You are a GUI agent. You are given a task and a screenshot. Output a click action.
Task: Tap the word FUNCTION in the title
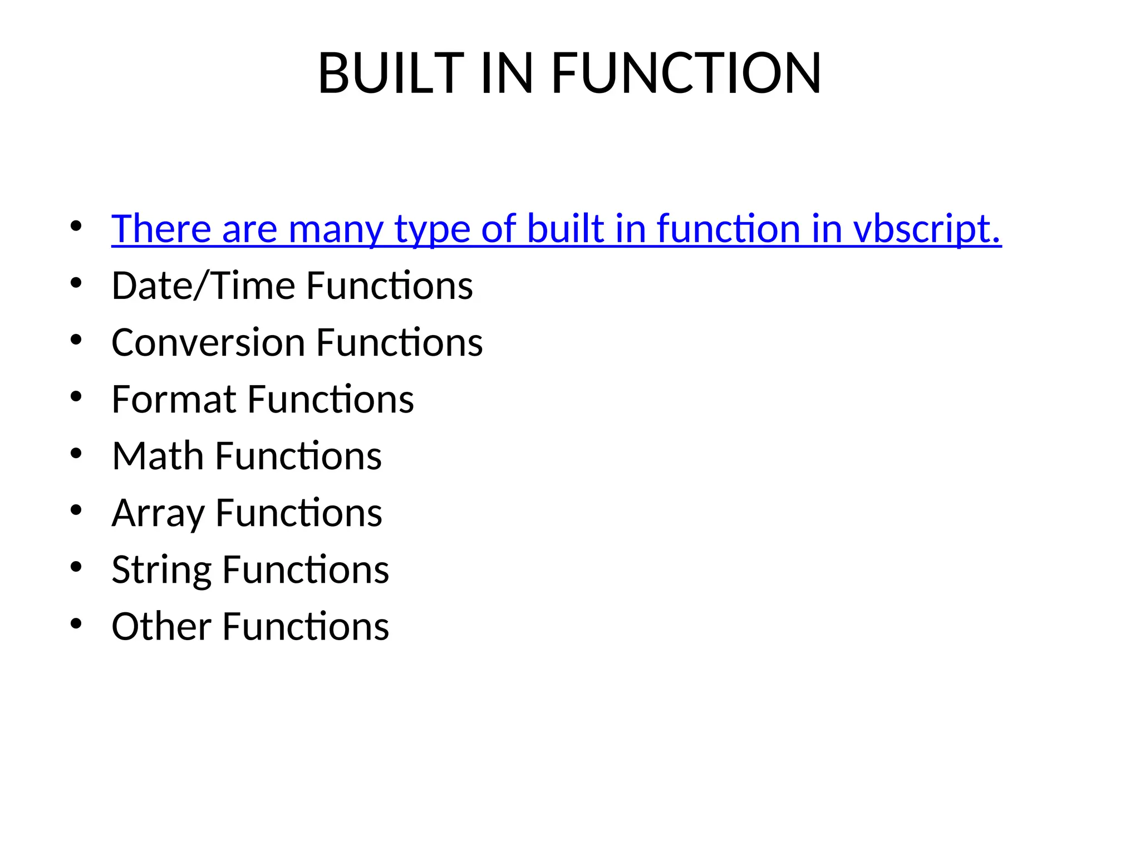pos(686,73)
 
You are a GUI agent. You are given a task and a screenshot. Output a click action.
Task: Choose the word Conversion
pos(208,342)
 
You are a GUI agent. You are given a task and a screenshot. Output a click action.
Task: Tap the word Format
pos(174,399)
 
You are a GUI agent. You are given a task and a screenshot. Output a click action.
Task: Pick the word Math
pos(158,456)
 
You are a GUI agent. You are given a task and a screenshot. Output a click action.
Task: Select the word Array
pos(158,513)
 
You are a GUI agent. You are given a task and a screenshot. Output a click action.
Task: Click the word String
pos(161,570)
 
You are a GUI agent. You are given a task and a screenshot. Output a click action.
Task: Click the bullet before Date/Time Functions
pos(76,283)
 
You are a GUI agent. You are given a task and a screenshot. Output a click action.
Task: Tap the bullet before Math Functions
pos(76,453)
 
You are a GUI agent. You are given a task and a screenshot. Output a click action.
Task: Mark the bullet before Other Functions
pos(76,623)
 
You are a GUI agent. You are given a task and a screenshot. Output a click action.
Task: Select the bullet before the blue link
pos(76,226)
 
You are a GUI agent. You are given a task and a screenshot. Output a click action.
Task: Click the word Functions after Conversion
pos(399,342)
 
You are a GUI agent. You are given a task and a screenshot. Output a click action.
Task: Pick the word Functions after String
pos(306,570)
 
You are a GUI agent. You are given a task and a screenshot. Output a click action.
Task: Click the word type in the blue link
pos(432,229)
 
